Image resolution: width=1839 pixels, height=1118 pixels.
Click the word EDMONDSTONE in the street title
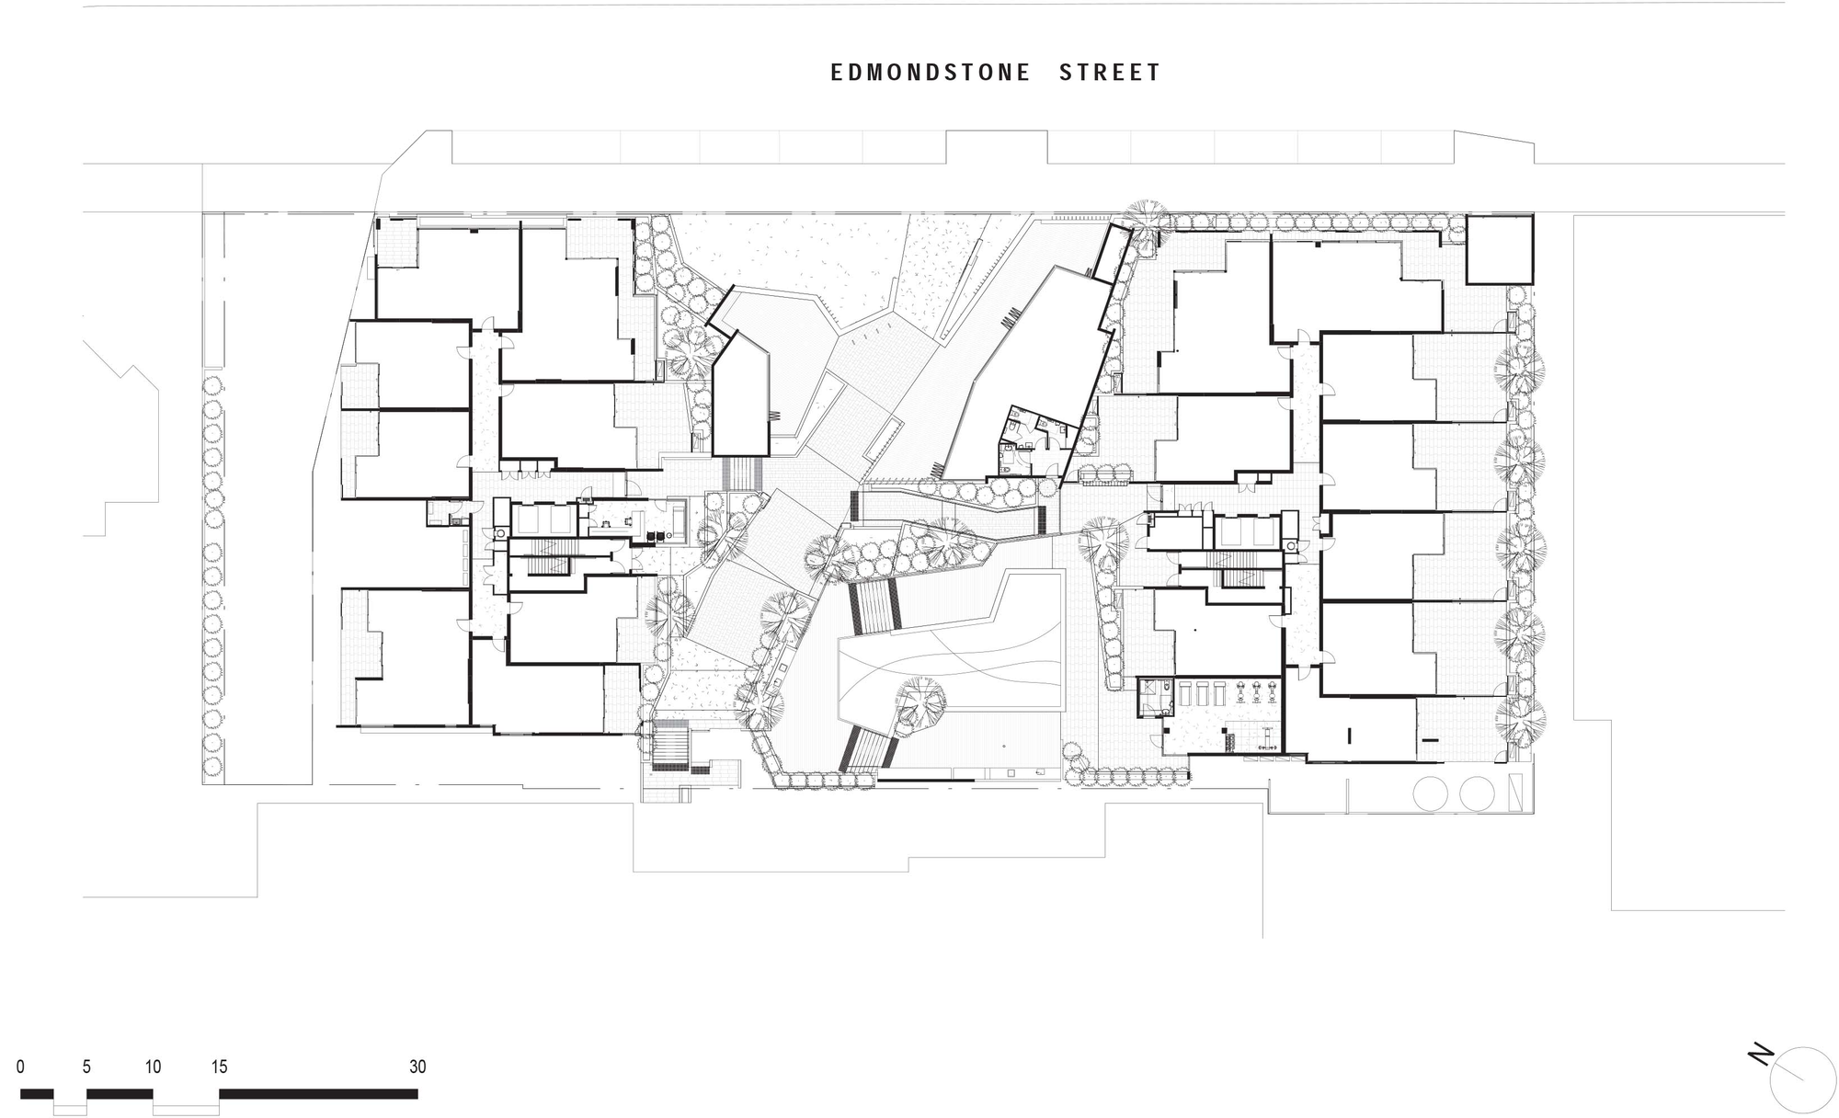pos(930,73)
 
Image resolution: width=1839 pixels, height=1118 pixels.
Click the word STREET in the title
pos(1110,73)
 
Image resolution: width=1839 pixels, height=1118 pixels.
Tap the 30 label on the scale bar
pos(417,1067)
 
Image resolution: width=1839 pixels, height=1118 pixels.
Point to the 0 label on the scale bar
pos(20,1067)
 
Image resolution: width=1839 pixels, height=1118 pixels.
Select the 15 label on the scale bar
pos(219,1067)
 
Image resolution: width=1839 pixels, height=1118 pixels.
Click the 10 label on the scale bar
pos(153,1067)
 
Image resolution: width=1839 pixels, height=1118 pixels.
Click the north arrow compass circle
pos(1802,1079)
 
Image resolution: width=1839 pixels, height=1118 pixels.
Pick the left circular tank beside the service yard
pos(1430,793)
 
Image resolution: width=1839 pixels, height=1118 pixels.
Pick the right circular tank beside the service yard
pos(1477,793)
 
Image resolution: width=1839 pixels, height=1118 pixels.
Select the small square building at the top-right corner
pos(1499,249)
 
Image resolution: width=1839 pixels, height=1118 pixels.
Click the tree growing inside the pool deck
pos(920,703)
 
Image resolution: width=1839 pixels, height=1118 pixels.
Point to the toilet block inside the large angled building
pos(1034,439)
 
